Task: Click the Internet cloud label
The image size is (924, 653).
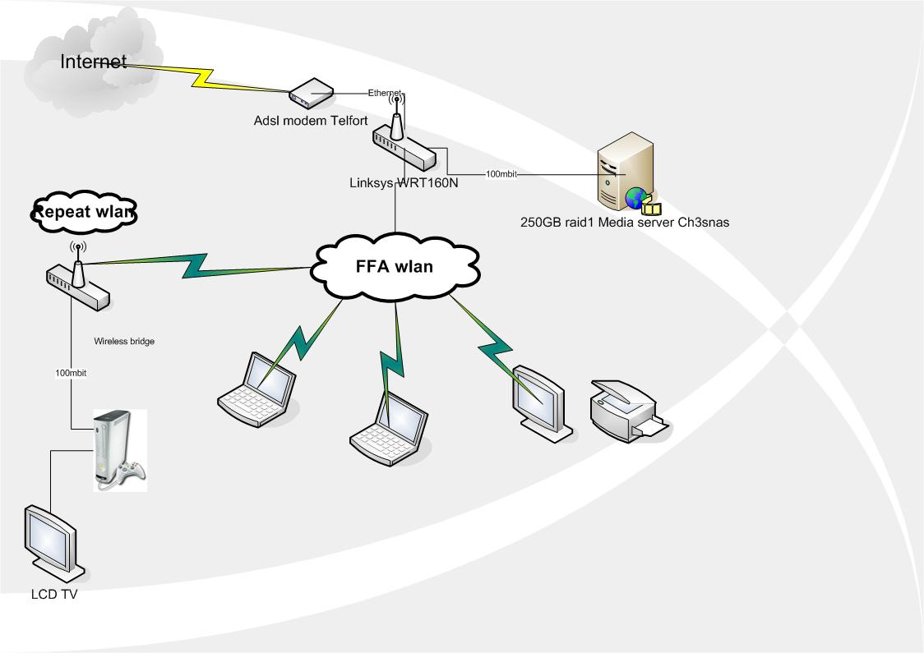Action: [x=94, y=62]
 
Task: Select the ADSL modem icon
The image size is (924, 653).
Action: [x=310, y=94]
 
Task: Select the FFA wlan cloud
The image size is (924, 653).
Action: [x=395, y=267]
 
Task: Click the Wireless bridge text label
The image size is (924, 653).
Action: [x=124, y=340]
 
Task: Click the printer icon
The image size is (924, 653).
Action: [x=628, y=410]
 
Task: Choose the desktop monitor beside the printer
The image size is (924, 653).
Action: [x=538, y=398]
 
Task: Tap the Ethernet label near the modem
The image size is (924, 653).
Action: [x=384, y=92]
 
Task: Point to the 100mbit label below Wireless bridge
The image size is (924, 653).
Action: [x=71, y=373]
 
